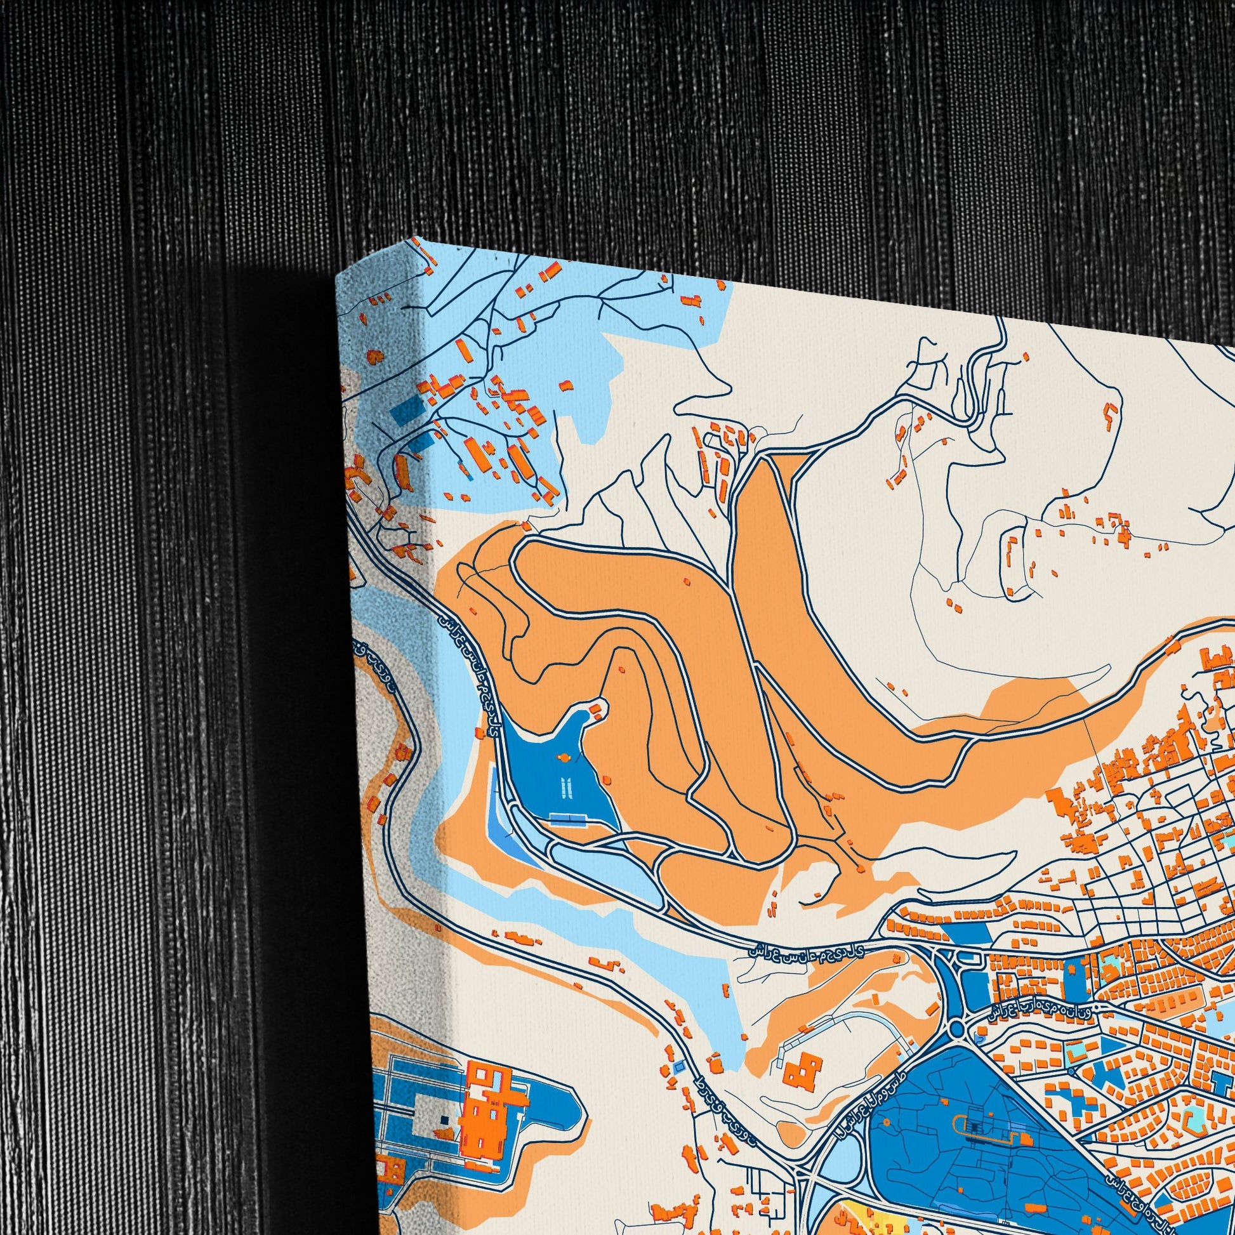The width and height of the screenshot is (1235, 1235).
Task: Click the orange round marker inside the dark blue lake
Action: click(x=564, y=758)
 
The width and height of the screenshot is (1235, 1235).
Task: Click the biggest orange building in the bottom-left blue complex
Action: click(x=492, y=1106)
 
